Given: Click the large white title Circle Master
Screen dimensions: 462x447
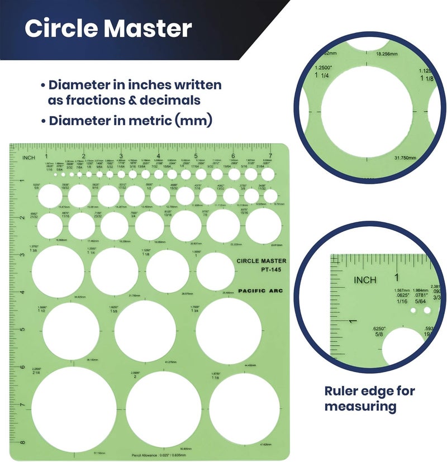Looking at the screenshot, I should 108,29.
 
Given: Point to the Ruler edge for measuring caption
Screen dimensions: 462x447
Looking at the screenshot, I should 369,398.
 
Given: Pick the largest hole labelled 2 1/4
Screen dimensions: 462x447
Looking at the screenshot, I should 74,409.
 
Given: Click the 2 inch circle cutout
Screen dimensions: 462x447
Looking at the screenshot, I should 164,408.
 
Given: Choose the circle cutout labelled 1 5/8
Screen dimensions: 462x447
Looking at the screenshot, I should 146,331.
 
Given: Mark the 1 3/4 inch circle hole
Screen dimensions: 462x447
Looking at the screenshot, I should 229,329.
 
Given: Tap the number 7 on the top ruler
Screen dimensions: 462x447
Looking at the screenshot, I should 270,156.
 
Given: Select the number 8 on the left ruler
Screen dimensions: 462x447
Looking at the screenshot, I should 22,443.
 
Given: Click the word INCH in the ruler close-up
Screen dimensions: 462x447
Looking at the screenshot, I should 365,279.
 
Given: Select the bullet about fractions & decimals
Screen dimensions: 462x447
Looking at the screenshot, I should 134,93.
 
